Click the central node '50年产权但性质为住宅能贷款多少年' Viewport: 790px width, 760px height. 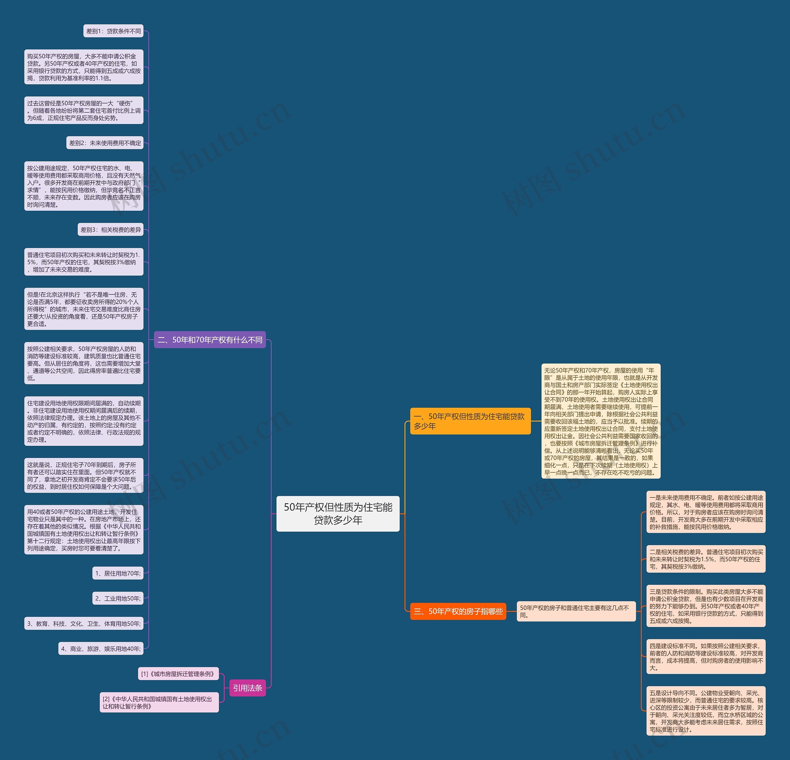[338, 513]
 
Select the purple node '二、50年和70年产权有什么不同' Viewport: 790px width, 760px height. [210, 340]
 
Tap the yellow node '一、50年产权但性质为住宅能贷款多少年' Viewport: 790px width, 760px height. [470, 421]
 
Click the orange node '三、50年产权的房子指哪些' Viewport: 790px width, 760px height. [458, 611]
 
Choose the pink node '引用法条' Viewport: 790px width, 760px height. [247, 688]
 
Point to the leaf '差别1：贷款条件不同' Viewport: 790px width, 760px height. [113, 31]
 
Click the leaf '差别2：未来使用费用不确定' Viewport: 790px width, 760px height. [105, 143]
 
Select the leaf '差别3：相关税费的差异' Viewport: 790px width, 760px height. [110, 230]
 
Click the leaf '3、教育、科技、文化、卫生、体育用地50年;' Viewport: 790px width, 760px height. [84, 623]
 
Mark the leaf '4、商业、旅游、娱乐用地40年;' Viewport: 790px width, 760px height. [101, 648]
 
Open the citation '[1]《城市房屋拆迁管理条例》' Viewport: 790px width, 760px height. [178, 674]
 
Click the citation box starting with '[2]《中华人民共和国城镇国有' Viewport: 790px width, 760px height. [159, 702]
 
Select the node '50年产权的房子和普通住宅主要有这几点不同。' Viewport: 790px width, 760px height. [576, 611]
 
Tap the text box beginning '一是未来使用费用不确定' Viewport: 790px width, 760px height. [706, 512]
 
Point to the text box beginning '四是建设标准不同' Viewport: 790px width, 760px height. [706, 656]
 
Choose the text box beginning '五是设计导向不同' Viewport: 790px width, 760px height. [706, 711]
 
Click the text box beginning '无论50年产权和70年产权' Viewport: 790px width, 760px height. [601, 421]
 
